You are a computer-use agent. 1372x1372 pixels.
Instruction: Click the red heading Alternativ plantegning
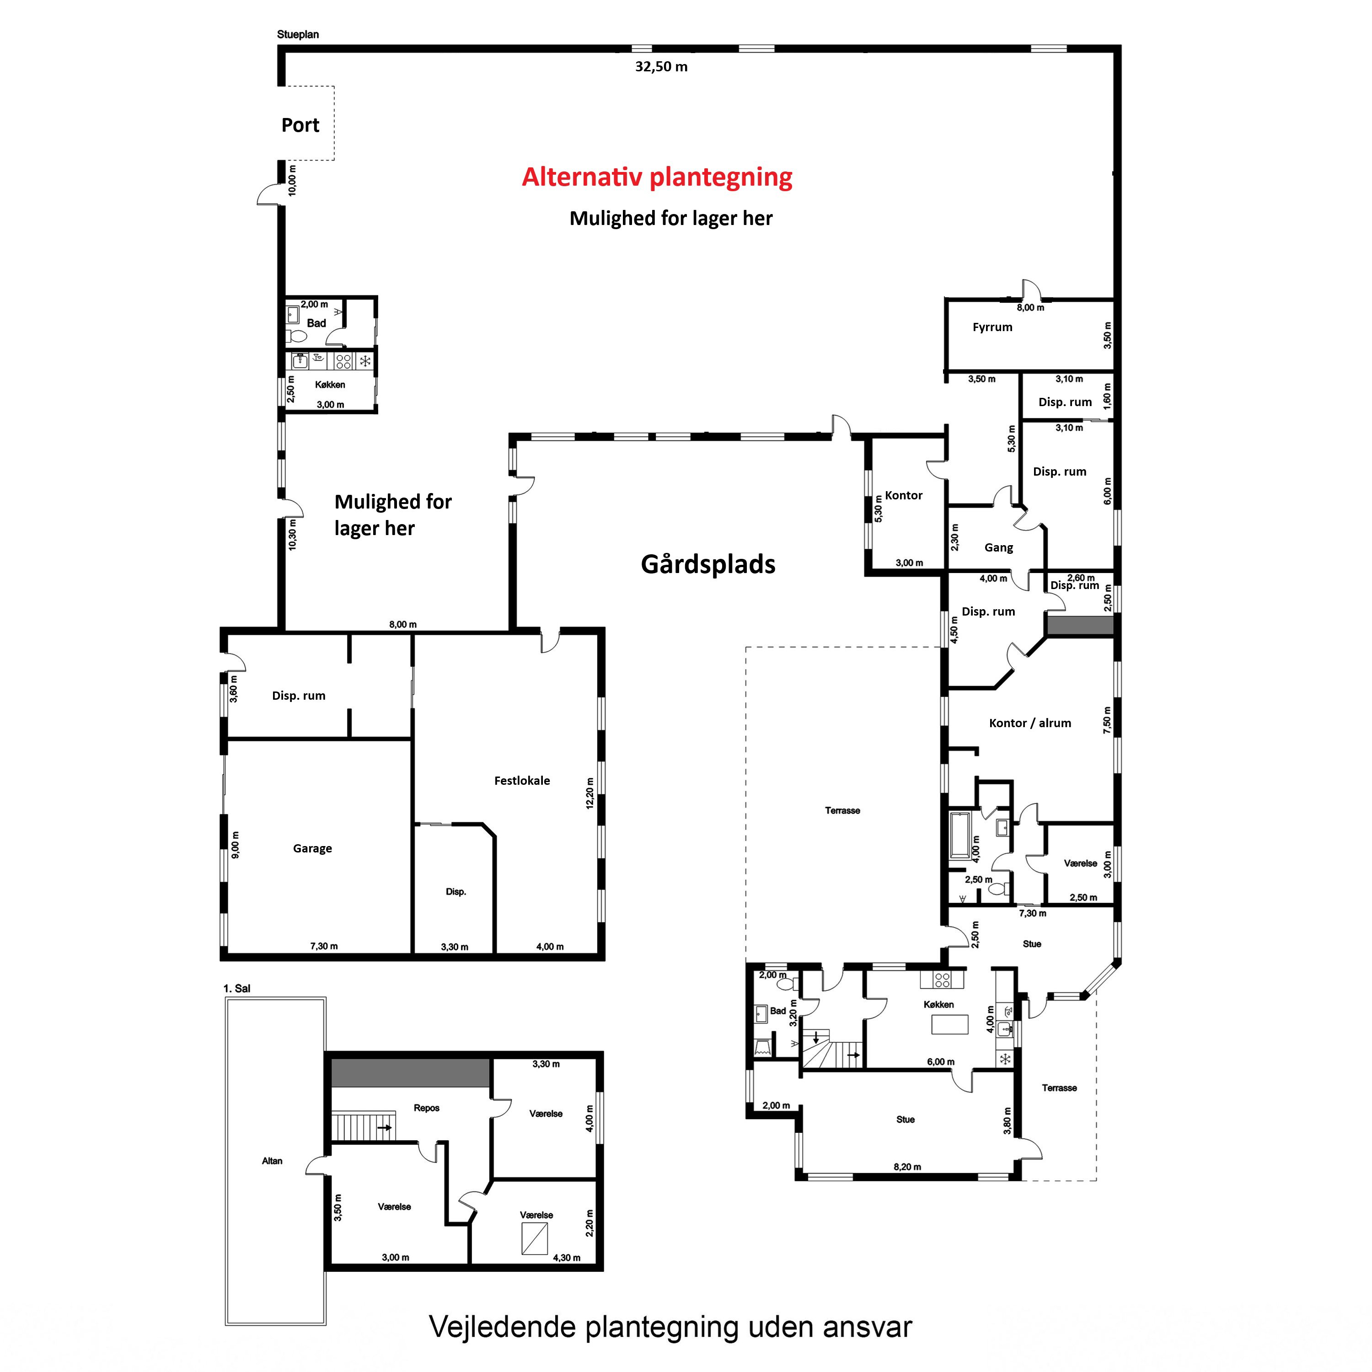[657, 177]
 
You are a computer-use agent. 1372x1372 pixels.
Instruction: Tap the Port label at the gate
[300, 125]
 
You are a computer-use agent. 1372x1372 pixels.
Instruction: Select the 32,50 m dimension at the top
[661, 67]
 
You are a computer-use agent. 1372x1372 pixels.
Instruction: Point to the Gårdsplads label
[708, 564]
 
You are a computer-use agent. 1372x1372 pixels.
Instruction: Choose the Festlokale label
[522, 781]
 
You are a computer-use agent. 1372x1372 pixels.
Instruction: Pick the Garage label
[312, 849]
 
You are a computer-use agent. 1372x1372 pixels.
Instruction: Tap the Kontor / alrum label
[1030, 723]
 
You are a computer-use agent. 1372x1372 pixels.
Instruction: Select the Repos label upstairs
[427, 1108]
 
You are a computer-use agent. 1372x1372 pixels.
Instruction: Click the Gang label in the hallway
[998, 547]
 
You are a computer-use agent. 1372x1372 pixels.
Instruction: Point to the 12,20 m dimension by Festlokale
[590, 793]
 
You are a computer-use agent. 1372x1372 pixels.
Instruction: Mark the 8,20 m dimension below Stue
[907, 1167]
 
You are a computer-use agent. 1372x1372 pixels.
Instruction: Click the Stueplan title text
[298, 34]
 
